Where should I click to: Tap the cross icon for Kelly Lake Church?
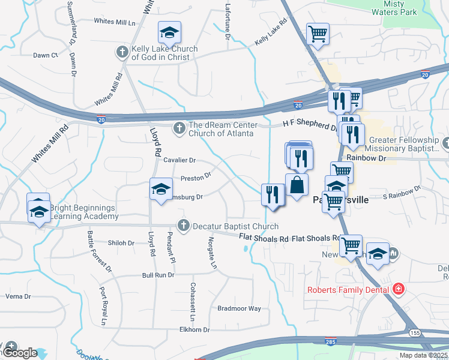(122, 52)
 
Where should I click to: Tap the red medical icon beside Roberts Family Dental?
(397, 290)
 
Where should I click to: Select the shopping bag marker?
(297, 184)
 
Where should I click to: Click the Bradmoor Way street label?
(239, 308)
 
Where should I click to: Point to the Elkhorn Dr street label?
(194, 330)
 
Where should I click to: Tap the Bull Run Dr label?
(158, 275)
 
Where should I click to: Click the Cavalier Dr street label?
(180, 160)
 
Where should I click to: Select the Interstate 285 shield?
(330, 340)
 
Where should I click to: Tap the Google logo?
(20, 352)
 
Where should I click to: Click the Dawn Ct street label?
(45, 55)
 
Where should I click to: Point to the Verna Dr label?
(17, 296)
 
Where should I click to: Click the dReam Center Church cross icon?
(178, 128)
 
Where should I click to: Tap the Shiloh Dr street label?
(121, 243)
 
